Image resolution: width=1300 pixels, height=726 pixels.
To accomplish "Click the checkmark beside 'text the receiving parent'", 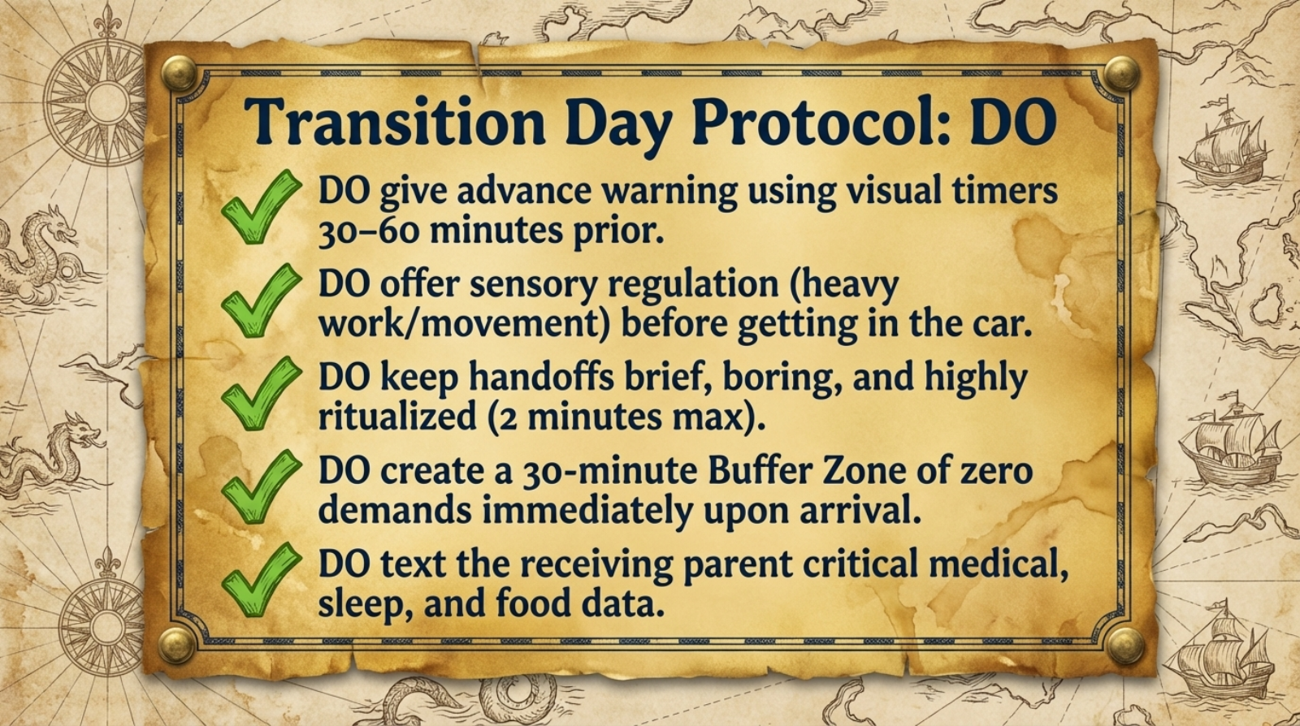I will pyautogui.click(x=259, y=580).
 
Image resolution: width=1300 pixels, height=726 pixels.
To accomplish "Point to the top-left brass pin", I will pyautogui.click(x=178, y=74).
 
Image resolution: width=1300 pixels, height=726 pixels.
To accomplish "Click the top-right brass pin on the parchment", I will pyautogui.click(x=1122, y=74).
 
